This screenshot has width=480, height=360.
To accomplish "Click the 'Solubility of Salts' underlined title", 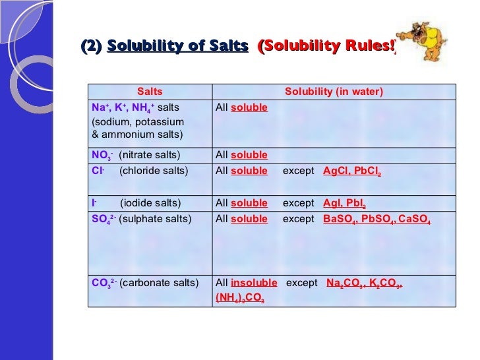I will (x=177, y=47).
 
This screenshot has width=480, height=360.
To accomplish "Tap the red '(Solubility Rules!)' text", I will (x=326, y=47).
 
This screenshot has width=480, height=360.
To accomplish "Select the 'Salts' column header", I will (x=150, y=92).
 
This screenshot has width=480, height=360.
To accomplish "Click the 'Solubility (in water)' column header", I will (x=333, y=92).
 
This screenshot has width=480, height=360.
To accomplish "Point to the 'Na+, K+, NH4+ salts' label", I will (x=135, y=107).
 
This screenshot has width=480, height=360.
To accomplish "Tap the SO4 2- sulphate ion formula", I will (x=103, y=219).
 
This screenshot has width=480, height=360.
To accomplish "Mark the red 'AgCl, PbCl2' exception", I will (x=352, y=171).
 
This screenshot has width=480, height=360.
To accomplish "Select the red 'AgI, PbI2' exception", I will (x=344, y=204).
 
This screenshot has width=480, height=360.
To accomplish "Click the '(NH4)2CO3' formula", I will (x=240, y=299).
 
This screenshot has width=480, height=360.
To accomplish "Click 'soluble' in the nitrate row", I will (x=249, y=156).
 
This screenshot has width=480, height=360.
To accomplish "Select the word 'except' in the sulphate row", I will (x=299, y=219).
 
